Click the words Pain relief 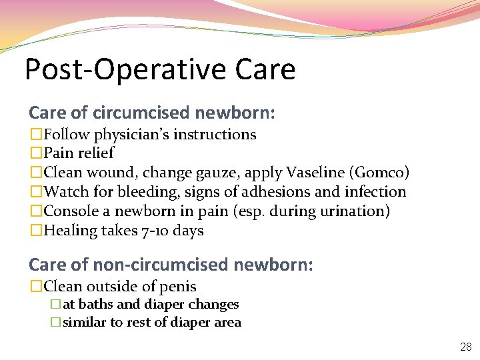(79, 153)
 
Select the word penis (178, 287)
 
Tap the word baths (95, 305)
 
